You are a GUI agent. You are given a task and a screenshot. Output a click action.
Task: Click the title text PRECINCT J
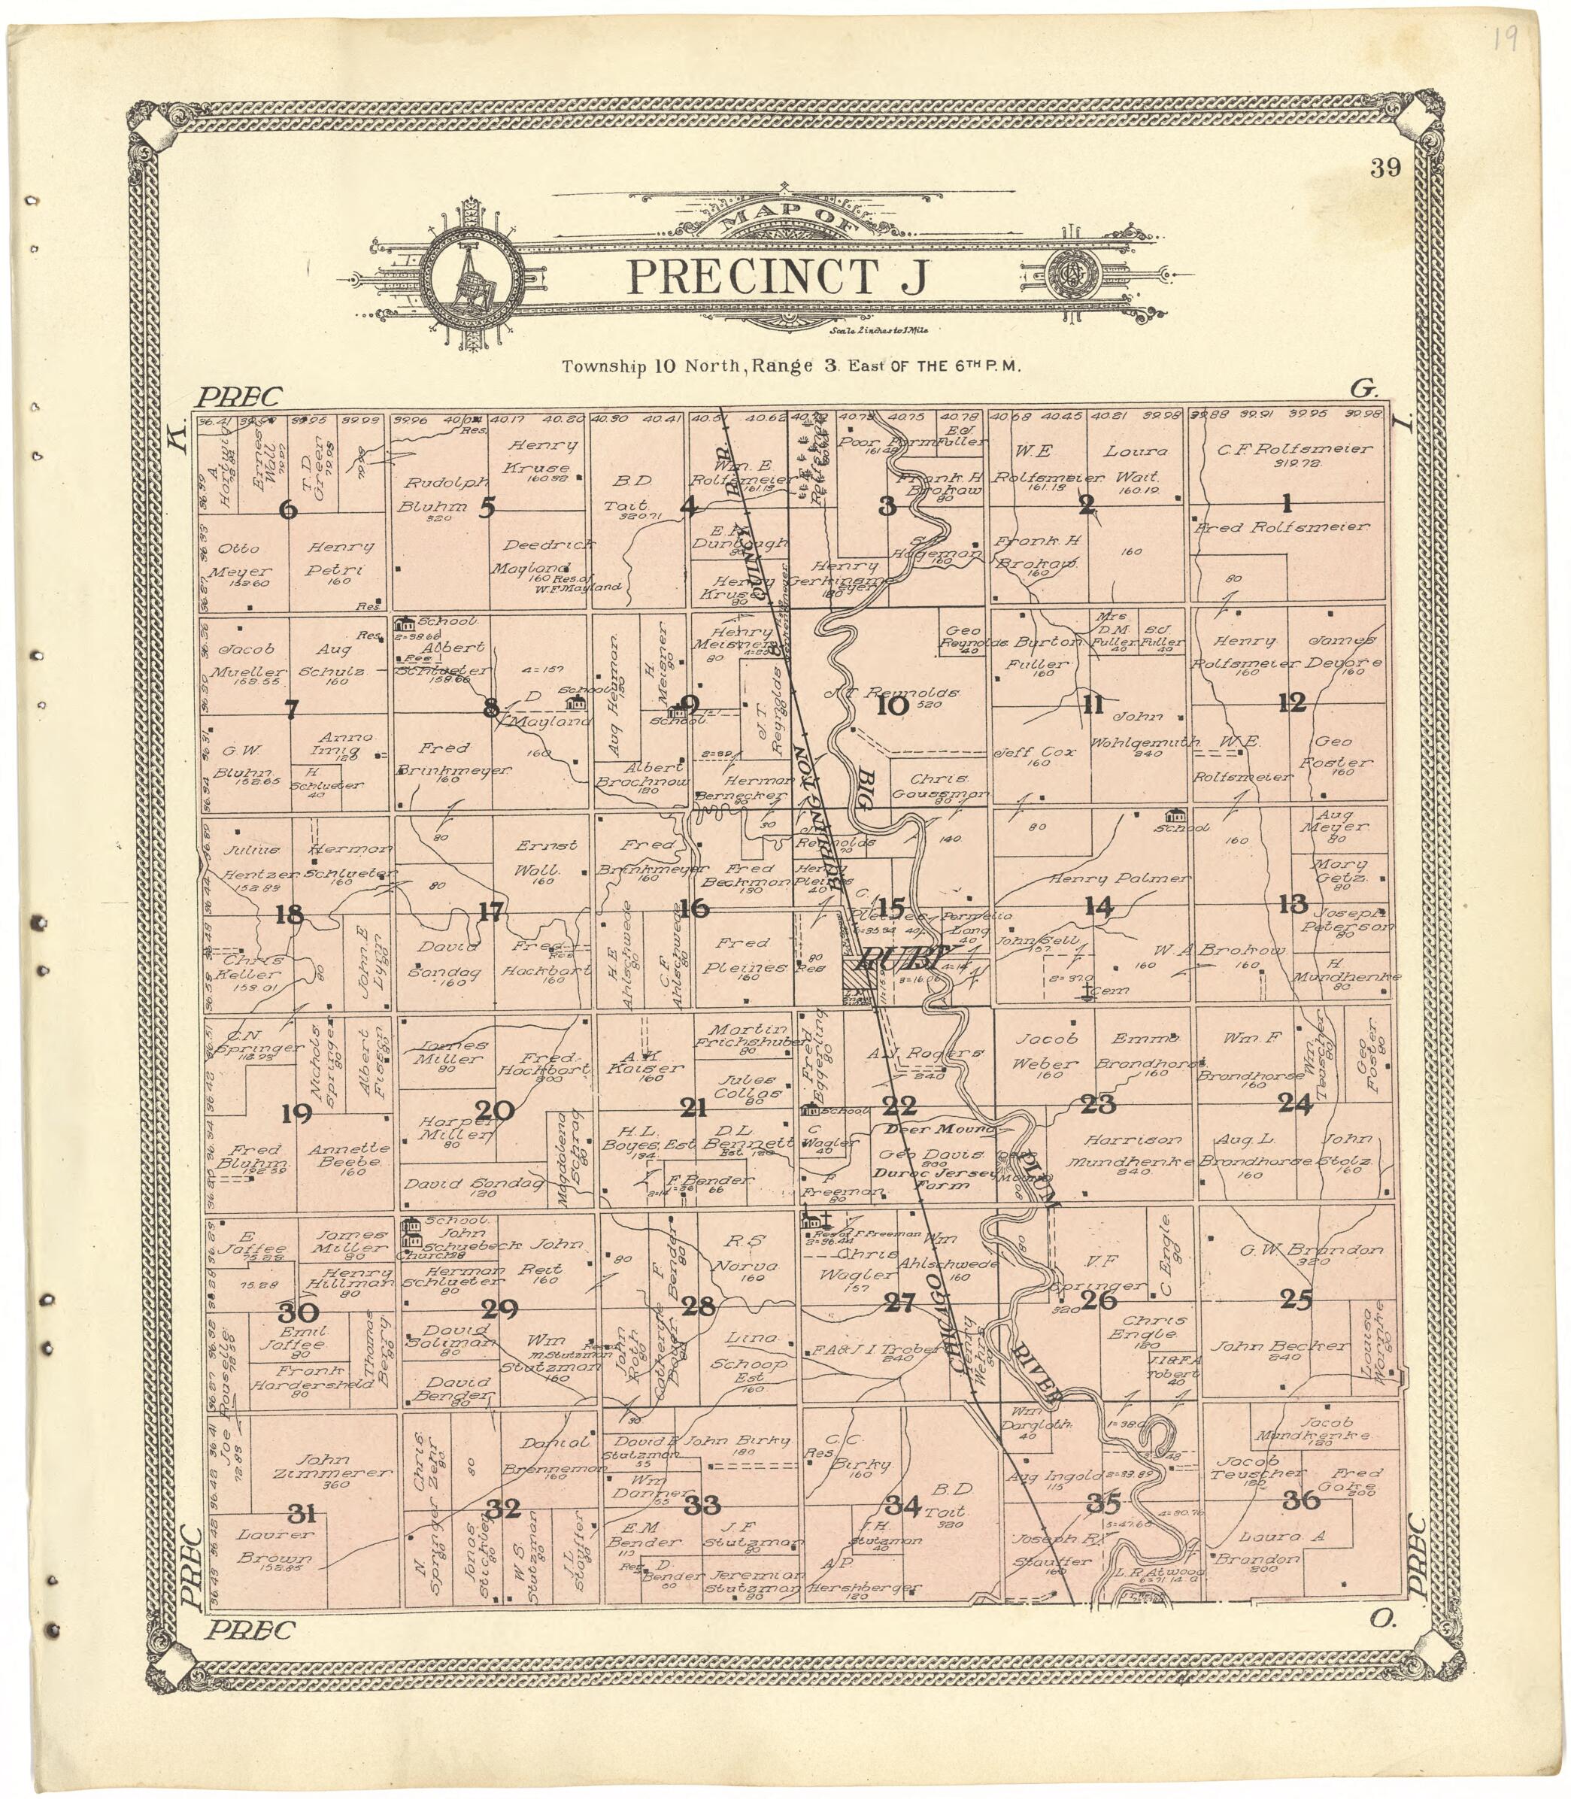click(778, 277)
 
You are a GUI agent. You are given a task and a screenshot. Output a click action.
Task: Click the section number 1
click(1287, 503)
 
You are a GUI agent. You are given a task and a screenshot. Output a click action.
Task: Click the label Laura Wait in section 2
click(1136, 464)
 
